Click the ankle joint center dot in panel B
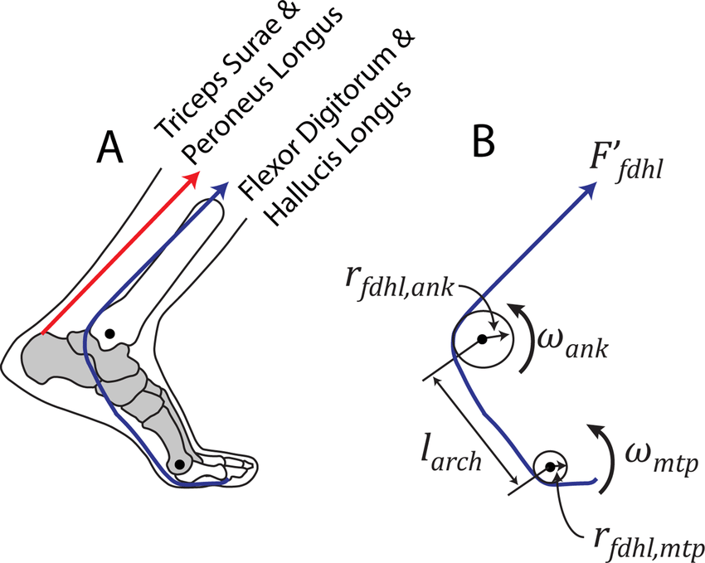(x=480, y=339)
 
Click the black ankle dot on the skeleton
(x=109, y=333)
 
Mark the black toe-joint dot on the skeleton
(x=179, y=464)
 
